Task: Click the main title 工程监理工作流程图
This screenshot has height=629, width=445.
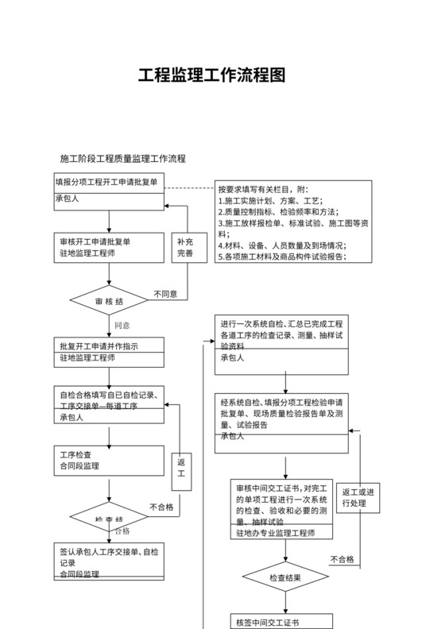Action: pyautogui.click(x=211, y=75)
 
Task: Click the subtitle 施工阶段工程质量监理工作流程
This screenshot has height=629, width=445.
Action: pyautogui.click(x=123, y=158)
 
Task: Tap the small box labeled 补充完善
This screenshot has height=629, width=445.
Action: pyautogui.click(x=185, y=248)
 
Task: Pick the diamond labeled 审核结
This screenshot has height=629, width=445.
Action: pyautogui.click(x=109, y=302)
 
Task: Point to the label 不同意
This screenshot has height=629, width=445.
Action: pyautogui.click(x=165, y=294)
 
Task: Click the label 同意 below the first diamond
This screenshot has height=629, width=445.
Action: pyautogui.click(x=122, y=326)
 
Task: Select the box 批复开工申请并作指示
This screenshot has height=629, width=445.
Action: pyautogui.click(x=109, y=352)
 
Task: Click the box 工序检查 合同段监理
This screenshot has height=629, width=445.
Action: pyautogui.click(x=109, y=461)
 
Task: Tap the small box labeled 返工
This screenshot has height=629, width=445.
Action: pyautogui.click(x=181, y=468)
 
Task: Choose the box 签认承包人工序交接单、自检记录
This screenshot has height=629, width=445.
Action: pyautogui.click(x=109, y=561)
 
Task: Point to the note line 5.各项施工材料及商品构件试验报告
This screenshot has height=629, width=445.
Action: pyautogui.click(x=283, y=257)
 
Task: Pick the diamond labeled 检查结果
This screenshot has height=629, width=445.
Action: pyautogui.click(x=285, y=577)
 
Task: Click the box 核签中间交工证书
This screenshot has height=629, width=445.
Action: pyautogui.click(x=281, y=621)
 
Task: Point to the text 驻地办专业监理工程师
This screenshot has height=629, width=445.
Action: pyautogui.click(x=275, y=533)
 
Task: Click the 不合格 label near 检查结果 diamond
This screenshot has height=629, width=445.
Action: pyautogui.click(x=342, y=559)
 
